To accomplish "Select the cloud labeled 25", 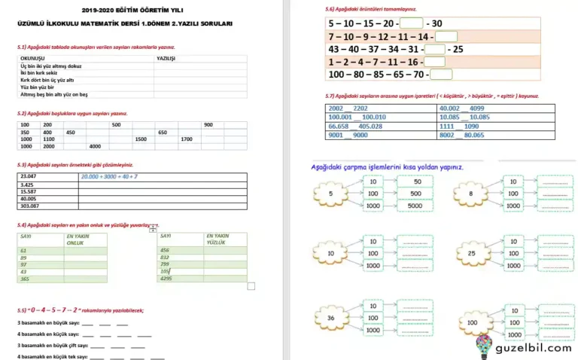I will [x=472, y=255].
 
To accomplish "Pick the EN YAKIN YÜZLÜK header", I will [x=218, y=239].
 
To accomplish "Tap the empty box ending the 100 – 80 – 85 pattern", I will [x=441, y=75].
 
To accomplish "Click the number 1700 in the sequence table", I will [x=187, y=139].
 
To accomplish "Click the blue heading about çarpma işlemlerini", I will [x=387, y=166].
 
